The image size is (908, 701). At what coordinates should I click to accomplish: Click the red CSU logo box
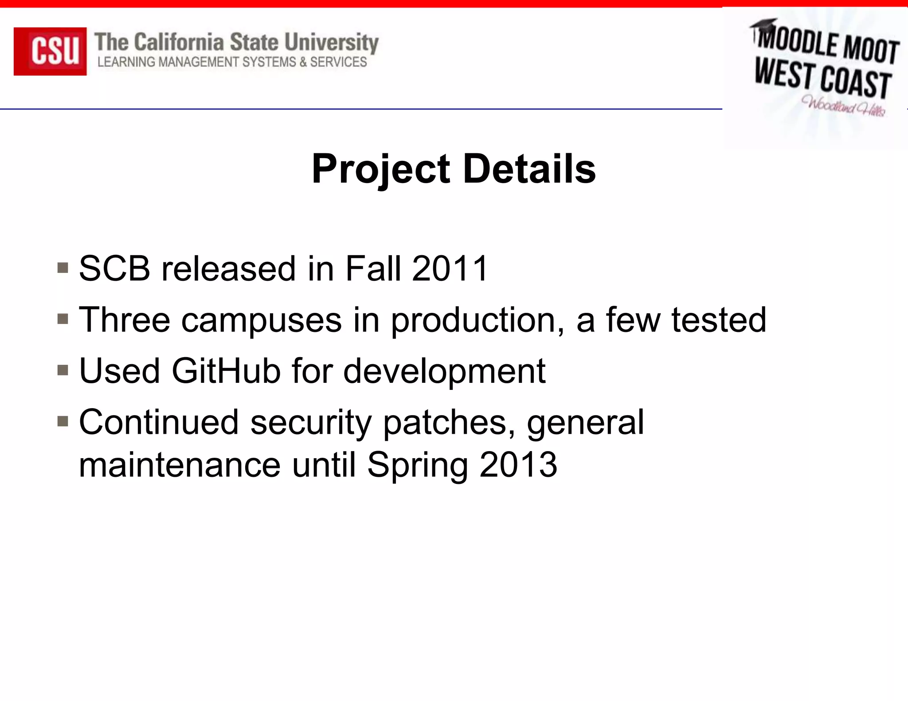tap(50, 51)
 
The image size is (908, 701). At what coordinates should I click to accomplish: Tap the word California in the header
tap(179, 43)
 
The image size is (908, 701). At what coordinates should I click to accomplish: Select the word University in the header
tap(331, 43)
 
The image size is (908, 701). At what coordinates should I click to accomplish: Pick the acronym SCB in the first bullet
tap(114, 269)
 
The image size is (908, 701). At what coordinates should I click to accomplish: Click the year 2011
tap(450, 269)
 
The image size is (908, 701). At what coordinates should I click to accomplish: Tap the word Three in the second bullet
tap(125, 319)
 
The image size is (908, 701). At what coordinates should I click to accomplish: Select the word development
tap(444, 371)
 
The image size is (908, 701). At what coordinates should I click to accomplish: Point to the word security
tap(311, 423)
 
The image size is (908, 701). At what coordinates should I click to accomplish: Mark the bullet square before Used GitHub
tap(63, 370)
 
